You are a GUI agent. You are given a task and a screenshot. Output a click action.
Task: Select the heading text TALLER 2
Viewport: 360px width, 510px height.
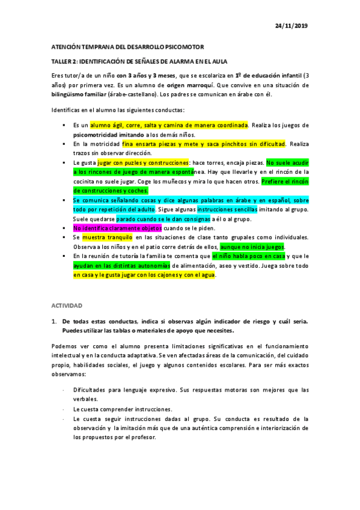coord(63,61)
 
